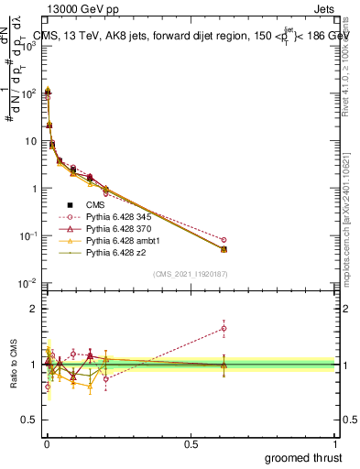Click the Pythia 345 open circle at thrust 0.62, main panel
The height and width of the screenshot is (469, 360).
(224, 240)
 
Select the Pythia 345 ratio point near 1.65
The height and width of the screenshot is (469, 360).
(224, 328)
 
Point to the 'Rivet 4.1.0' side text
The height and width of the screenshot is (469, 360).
(348, 64)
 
